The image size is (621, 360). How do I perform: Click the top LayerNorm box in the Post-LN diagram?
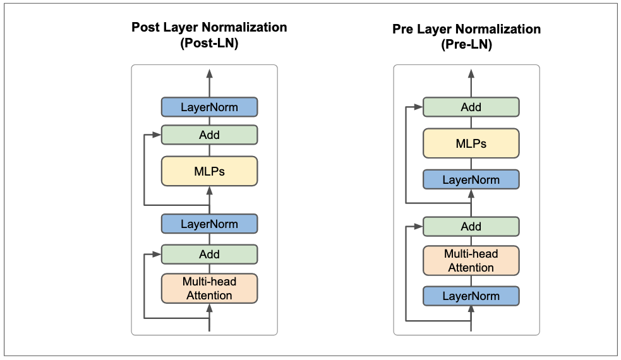click(209, 107)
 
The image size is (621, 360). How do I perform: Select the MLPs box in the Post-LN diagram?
click(209, 171)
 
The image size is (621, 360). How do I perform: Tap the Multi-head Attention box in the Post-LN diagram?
click(209, 289)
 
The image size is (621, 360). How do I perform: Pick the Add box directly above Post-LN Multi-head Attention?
click(209, 254)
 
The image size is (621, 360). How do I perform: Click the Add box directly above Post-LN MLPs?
click(209, 135)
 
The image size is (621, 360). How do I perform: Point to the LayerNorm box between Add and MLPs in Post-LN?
click(209, 224)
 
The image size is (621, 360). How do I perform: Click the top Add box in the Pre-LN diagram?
click(471, 107)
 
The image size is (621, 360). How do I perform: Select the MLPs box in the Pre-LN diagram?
click(471, 143)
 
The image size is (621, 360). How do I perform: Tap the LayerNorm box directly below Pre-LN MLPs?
click(471, 179)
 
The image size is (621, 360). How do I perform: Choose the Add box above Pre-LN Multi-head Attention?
click(471, 226)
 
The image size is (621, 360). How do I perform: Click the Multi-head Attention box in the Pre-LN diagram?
click(471, 261)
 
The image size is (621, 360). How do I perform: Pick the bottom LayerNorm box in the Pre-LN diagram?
click(471, 296)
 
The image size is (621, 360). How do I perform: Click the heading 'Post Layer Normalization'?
click(209, 28)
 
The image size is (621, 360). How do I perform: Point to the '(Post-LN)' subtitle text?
click(209, 44)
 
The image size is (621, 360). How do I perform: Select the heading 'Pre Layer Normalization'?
click(467, 29)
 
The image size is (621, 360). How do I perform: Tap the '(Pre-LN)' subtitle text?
click(467, 45)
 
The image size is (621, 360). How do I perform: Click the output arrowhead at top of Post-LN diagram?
click(209, 75)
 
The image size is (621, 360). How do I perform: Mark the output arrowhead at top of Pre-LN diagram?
click(471, 75)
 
